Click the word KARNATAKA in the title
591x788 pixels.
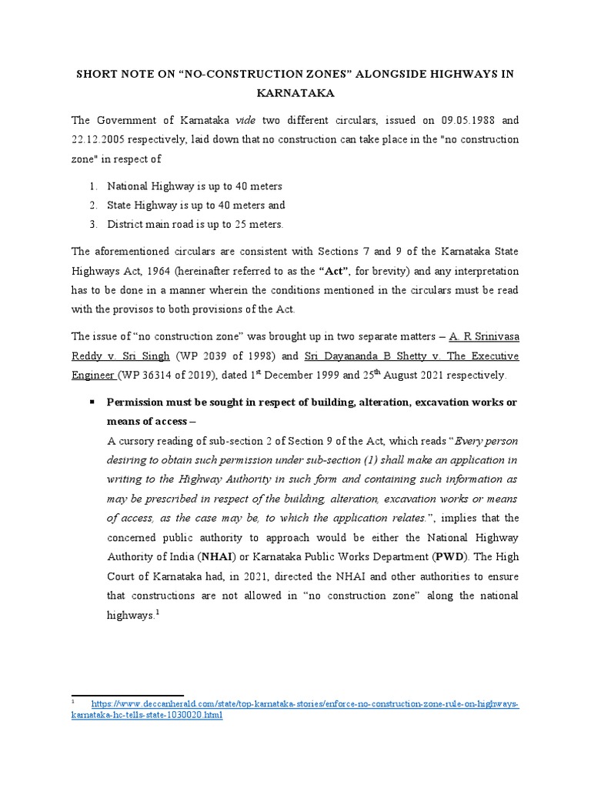pos(295,93)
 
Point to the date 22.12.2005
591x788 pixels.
pos(102,140)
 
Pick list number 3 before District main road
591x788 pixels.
pos(91,224)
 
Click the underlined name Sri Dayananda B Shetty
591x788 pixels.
pos(349,356)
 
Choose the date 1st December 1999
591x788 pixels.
pos(286,376)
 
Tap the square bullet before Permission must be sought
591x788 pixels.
pos(91,402)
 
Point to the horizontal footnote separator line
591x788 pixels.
pos(127,695)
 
